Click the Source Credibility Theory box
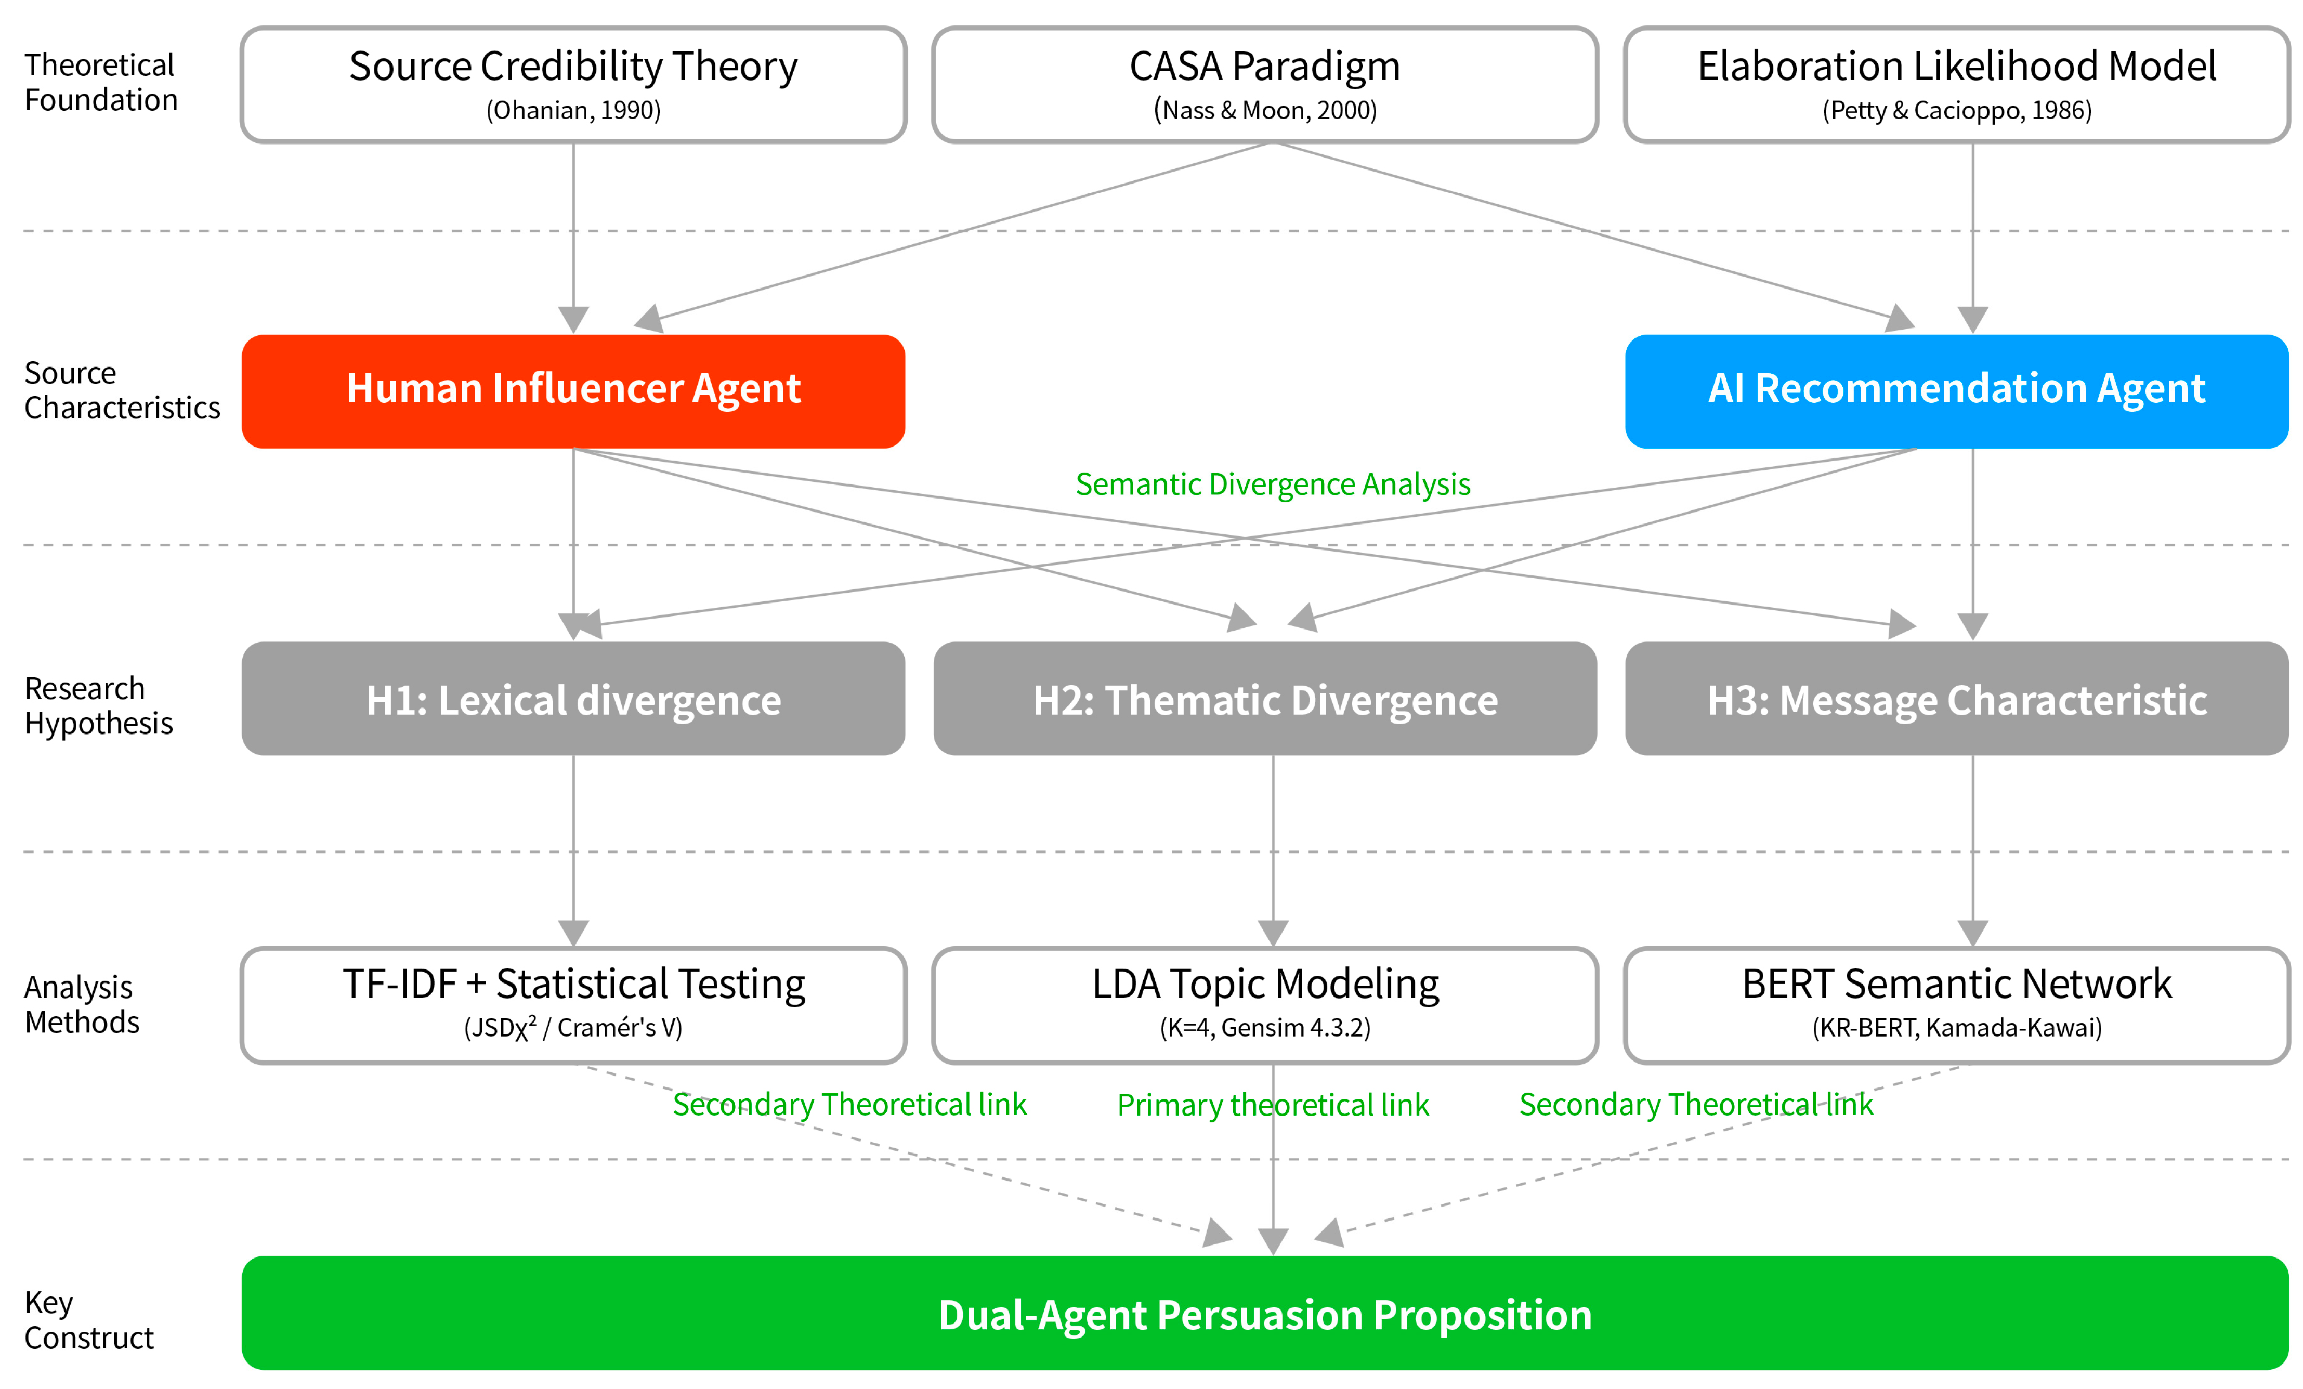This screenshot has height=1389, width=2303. [x=573, y=84]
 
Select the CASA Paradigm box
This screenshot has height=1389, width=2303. [x=1265, y=84]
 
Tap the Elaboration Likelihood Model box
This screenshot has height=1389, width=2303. [x=1956, y=84]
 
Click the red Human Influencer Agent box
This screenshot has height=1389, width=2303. [x=573, y=391]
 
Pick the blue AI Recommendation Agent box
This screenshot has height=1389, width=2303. [x=1956, y=391]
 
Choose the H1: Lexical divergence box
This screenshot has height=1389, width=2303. [x=573, y=698]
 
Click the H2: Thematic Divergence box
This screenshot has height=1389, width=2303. [x=1265, y=698]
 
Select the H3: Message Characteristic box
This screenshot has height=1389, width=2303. [x=1956, y=698]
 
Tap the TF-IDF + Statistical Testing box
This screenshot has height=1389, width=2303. [x=573, y=1005]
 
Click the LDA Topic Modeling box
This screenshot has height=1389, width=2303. [x=1265, y=1005]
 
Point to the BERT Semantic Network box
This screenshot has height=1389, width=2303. [x=1956, y=1005]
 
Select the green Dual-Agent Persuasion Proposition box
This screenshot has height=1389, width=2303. [x=1265, y=1313]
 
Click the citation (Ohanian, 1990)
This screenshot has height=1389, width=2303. [x=573, y=110]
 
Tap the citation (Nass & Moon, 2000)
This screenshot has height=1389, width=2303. [x=1265, y=110]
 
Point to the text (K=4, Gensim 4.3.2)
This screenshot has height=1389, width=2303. [x=1265, y=1027]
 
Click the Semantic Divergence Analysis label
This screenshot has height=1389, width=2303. [x=1273, y=484]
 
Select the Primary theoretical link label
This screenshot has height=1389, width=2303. [x=1273, y=1105]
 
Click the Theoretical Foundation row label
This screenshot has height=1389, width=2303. [x=101, y=82]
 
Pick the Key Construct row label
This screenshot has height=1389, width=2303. [x=89, y=1320]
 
